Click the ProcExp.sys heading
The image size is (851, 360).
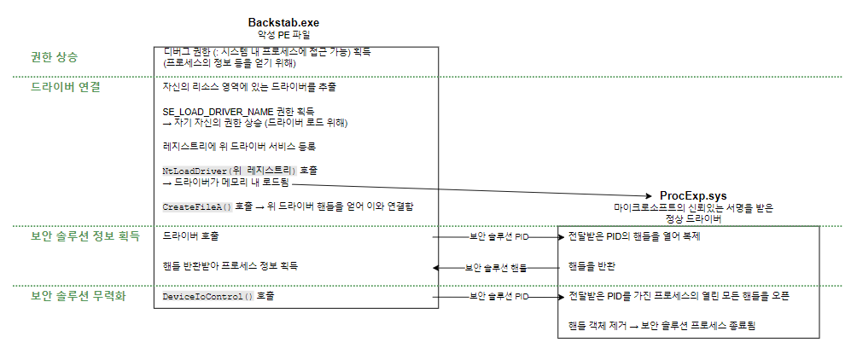pyautogui.click(x=693, y=196)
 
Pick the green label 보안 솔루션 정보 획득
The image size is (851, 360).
pyautogui.click(x=85, y=235)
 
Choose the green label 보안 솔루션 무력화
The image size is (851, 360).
pyautogui.click(x=78, y=296)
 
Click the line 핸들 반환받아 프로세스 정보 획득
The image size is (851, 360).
pyautogui.click(x=230, y=266)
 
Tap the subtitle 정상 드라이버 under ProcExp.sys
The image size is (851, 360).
pyautogui.click(x=693, y=218)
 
